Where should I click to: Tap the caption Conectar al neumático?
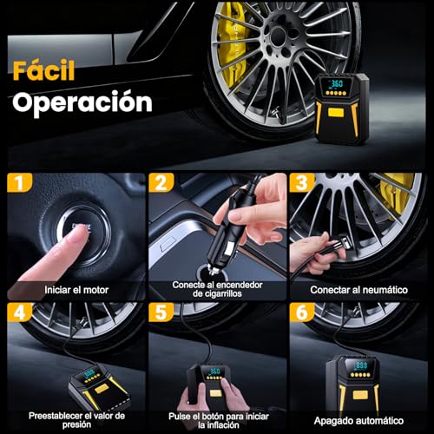[x=360, y=289]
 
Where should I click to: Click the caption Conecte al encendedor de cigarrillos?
[x=217, y=289]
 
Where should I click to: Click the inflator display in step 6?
[x=358, y=367]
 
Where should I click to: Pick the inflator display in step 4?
[x=89, y=372]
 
